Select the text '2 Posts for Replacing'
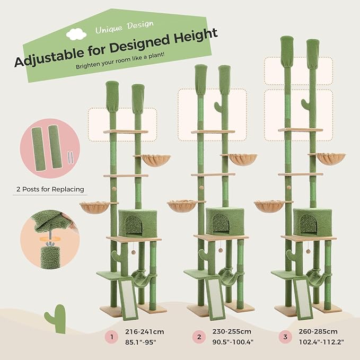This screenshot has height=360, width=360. coord(48,189)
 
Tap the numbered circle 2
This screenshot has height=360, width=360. coord(199,336)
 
